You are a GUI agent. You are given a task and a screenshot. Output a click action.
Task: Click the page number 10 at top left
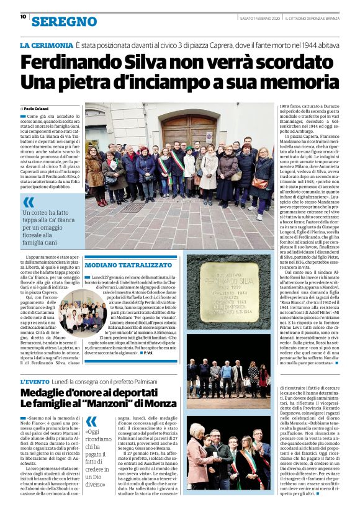[x=23, y=17]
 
